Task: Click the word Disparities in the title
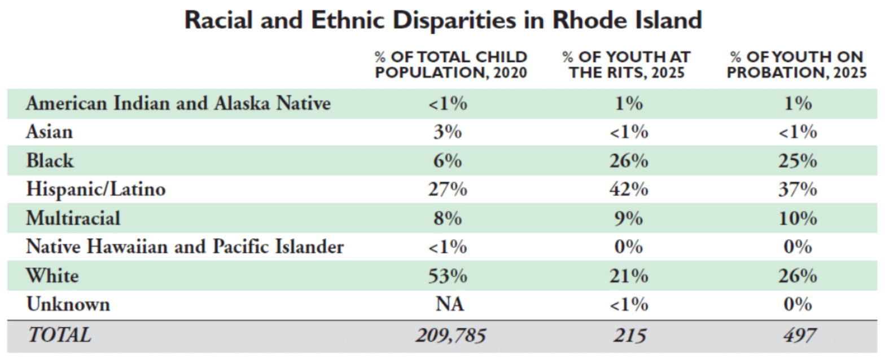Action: [x=454, y=20]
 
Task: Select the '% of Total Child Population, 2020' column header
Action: [x=451, y=65]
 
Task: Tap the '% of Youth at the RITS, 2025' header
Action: [x=626, y=65]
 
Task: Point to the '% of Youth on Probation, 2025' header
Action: [x=796, y=65]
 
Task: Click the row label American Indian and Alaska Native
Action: [x=178, y=103]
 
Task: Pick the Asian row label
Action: [x=50, y=131]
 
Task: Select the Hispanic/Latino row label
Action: [x=95, y=189]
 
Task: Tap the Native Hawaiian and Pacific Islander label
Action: [x=185, y=247]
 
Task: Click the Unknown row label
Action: [x=68, y=304]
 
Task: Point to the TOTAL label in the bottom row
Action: [x=59, y=335]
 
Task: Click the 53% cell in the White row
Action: [x=448, y=276]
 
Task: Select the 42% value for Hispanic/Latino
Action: [x=629, y=189]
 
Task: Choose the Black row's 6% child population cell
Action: [x=448, y=161]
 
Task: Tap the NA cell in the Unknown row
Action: [x=450, y=304]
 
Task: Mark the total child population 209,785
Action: [x=450, y=336]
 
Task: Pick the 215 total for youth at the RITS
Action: [x=630, y=336]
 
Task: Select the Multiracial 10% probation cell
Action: [x=798, y=218]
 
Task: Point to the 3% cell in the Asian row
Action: [x=448, y=132]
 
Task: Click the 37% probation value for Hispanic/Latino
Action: [x=798, y=189]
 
